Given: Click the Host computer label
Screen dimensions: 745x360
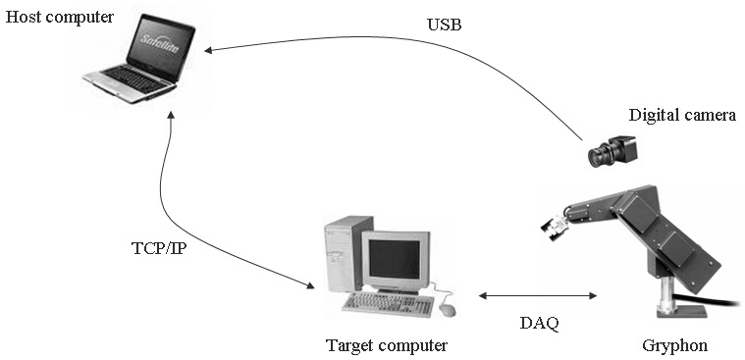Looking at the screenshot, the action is [60, 18].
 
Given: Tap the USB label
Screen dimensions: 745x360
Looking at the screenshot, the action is [445, 25].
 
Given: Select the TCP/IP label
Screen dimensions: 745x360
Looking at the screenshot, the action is [159, 248].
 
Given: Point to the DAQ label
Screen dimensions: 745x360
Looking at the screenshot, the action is [539, 324].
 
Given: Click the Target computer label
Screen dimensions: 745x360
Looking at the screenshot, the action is [387, 345].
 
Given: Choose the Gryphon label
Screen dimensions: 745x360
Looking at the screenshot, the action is [674, 345].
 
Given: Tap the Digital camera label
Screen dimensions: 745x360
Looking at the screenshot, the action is [682, 115].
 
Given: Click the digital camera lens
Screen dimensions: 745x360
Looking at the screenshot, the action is [598, 157].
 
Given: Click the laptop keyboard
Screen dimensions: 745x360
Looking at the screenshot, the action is [135, 78].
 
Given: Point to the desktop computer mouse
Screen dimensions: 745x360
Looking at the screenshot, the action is [447, 310].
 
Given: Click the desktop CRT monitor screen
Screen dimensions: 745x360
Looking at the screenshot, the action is [395, 259].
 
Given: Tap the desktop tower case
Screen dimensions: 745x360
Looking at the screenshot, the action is [343, 254].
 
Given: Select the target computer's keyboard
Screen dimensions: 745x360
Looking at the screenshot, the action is [389, 304].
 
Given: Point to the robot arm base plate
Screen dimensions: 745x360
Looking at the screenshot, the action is [681, 312].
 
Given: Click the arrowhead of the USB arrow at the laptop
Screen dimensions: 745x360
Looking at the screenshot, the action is [208, 49].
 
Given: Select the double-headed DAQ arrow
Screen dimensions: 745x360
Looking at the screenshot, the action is [537, 296].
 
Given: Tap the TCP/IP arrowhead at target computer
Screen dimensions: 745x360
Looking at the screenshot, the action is [310, 285].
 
